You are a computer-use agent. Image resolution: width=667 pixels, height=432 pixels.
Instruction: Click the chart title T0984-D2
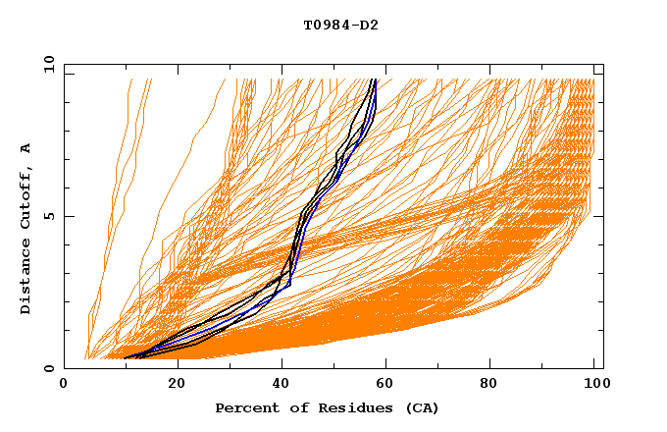coord(340,26)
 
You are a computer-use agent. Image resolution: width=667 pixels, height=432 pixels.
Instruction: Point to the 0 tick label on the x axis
coord(64,384)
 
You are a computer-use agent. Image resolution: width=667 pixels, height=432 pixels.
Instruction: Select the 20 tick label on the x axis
coord(177,384)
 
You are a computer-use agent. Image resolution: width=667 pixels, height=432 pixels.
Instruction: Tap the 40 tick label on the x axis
coord(282,384)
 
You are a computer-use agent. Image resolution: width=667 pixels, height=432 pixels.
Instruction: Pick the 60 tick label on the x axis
coord(388,384)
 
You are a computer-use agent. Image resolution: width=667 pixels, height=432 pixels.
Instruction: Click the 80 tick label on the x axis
coord(494,384)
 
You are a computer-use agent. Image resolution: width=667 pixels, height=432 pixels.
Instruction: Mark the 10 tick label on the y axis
coord(48,64)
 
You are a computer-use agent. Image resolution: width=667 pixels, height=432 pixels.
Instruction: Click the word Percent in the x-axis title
coord(243,407)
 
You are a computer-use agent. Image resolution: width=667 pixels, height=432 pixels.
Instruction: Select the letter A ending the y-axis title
coord(26,147)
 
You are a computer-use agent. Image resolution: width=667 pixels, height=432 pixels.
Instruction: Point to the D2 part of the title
coord(368,26)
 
